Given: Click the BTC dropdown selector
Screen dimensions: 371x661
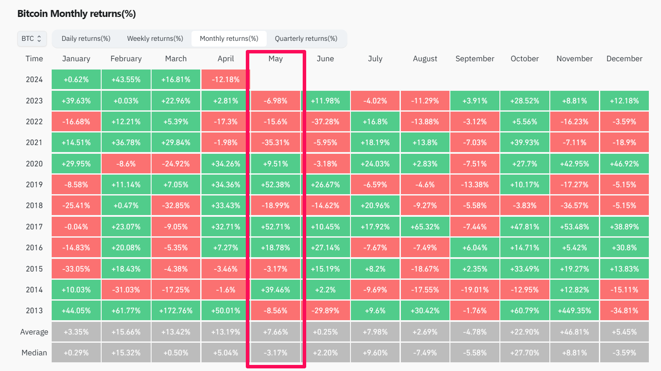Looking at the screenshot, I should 32,39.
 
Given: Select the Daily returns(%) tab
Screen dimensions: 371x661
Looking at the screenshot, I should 86,39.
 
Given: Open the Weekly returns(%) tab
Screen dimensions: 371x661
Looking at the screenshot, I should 155,39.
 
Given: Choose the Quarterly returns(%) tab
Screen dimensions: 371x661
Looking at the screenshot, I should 306,39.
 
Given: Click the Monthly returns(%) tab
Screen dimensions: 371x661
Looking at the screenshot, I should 229,39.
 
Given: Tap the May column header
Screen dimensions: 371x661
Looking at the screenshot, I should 275,59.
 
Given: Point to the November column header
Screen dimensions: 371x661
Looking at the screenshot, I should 574,59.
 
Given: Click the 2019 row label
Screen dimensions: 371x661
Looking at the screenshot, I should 34,185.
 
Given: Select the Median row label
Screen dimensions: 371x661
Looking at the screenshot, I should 34,353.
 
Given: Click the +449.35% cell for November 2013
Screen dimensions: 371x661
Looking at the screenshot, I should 574,311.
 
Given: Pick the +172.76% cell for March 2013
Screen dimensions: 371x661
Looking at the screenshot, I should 176,311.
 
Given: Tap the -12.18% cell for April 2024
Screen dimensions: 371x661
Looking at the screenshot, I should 225,79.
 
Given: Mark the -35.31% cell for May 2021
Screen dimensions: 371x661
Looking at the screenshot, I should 275,142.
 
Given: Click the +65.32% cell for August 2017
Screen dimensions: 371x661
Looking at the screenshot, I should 425,227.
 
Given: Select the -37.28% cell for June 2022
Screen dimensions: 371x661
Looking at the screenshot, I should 325,122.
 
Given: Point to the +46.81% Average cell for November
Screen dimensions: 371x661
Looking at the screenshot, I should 574,332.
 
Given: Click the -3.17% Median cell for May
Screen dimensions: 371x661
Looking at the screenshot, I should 275,353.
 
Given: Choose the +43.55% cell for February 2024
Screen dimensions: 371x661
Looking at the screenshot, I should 126,79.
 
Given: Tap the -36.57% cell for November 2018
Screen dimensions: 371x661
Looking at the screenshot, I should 574,205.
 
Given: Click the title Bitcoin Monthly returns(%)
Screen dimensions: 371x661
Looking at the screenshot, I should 76,14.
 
